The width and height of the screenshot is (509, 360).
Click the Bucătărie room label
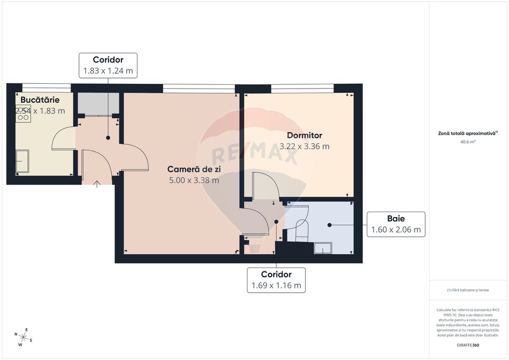[x=40, y=100]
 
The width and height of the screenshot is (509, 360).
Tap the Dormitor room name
[x=301, y=135]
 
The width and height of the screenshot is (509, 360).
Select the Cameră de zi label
[x=194, y=169]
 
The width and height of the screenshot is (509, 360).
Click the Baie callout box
[x=396, y=224]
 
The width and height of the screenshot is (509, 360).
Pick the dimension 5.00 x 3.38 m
[x=194, y=180]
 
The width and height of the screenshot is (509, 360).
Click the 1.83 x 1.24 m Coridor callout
[x=108, y=65]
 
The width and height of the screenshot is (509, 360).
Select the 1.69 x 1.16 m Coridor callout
[x=276, y=279]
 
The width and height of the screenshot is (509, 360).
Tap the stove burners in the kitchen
[x=23, y=113]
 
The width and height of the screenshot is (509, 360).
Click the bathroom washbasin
[x=322, y=248]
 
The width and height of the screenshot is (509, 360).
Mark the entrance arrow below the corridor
[x=97, y=184]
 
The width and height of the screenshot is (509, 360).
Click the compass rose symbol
[x=24, y=336]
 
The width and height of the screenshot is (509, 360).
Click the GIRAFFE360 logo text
[x=468, y=345]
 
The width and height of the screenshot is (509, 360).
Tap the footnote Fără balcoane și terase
[x=468, y=290]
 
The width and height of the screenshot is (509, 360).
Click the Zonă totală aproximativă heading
[x=467, y=134]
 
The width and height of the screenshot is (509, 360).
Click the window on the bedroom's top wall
[x=302, y=87]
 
